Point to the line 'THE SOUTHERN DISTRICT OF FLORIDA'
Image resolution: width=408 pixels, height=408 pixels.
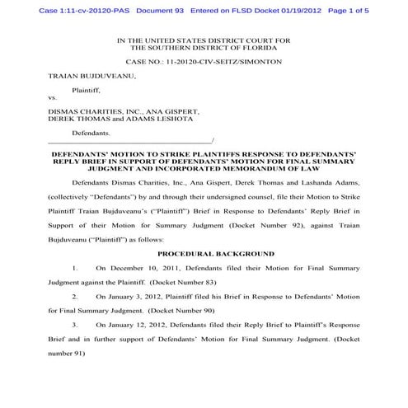coord(204,48)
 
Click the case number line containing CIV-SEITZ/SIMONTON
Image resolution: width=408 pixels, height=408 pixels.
coord(204,62)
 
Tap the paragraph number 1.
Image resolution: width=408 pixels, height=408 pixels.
coord(75,268)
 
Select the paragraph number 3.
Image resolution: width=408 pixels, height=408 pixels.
coord(75,324)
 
